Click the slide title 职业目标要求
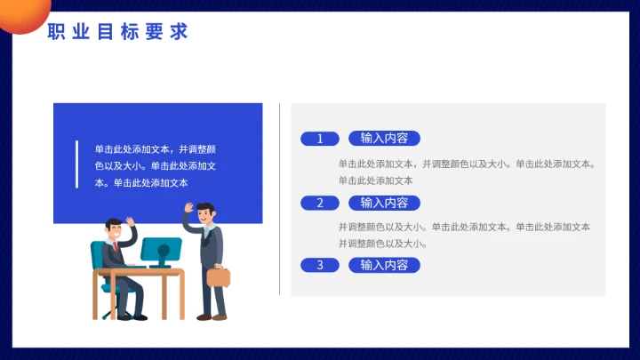[117, 32]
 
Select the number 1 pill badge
[320, 139]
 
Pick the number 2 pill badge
[320, 203]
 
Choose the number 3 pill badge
[320, 265]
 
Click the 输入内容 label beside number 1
[384, 138]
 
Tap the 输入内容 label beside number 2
[384, 203]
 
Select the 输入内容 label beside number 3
[384, 265]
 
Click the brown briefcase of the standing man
[219, 276]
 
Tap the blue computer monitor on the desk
[161, 250]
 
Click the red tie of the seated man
[114, 246]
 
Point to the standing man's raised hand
[188, 209]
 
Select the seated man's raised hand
[130, 222]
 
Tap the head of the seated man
[113, 229]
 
